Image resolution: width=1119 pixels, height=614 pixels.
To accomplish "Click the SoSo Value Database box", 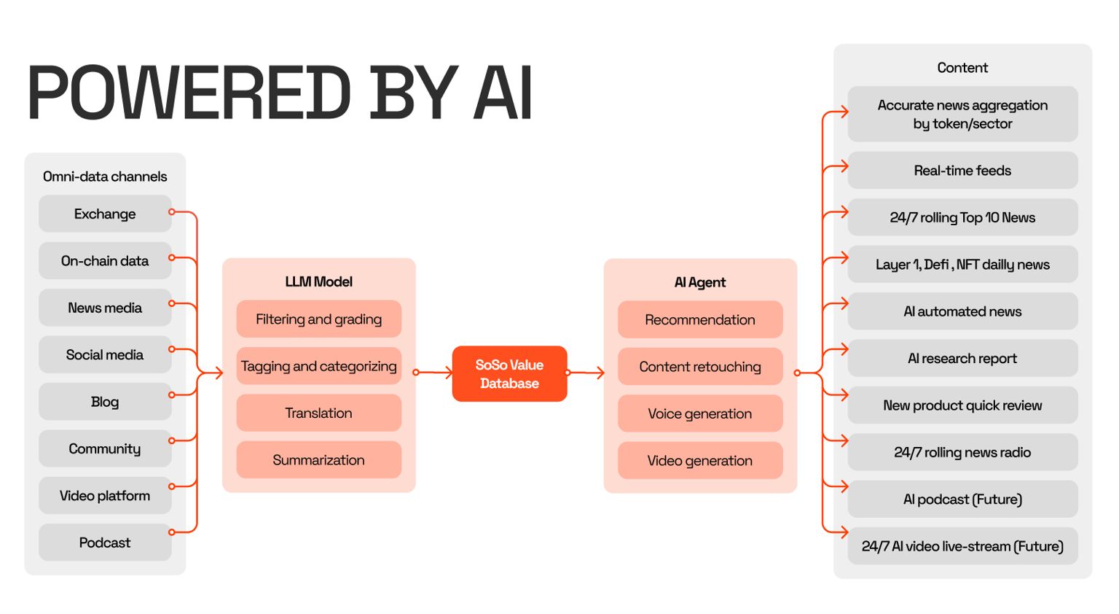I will pyautogui.click(x=509, y=373).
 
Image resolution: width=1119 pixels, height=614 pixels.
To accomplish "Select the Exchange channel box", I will pyautogui.click(x=105, y=214).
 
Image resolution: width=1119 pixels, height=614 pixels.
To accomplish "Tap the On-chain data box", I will pyautogui.click(x=105, y=260).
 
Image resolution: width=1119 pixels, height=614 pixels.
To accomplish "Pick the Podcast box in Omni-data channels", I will pyautogui.click(x=105, y=543).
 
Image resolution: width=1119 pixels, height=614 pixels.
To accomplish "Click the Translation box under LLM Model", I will pyautogui.click(x=318, y=413).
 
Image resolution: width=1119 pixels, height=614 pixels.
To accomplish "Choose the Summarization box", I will pyautogui.click(x=318, y=460).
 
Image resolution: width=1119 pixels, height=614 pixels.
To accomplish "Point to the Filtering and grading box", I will pyautogui.click(x=318, y=319).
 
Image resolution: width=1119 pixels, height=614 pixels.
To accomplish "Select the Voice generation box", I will pyautogui.click(x=699, y=413).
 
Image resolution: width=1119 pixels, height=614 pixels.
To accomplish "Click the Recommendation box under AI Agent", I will pyautogui.click(x=699, y=319).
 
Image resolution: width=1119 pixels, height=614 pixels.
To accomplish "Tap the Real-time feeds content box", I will pyautogui.click(x=962, y=171).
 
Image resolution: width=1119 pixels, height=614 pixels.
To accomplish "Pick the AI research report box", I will pyautogui.click(x=962, y=358).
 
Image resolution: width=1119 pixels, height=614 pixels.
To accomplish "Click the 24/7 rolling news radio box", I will pyautogui.click(x=962, y=452).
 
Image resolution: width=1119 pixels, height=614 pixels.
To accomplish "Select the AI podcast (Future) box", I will pyautogui.click(x=962, y=500).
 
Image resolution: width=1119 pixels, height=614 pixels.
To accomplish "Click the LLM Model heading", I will pyautogui.click(x=318, y=281).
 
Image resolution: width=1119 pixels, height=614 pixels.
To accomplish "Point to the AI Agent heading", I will pyautogui.click(x=699, y=282).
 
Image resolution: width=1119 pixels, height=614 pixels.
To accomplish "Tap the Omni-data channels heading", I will pyautogui.click(x=105, y=176).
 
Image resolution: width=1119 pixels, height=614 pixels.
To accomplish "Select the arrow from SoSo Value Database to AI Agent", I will pyautogui.click(x=586, y=373).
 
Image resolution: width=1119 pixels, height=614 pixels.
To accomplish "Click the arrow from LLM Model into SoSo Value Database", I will pyautogui.click(x=434, y=373).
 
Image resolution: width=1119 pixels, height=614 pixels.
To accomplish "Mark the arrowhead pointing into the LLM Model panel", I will pyautogui.click(x=216, y=373).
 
